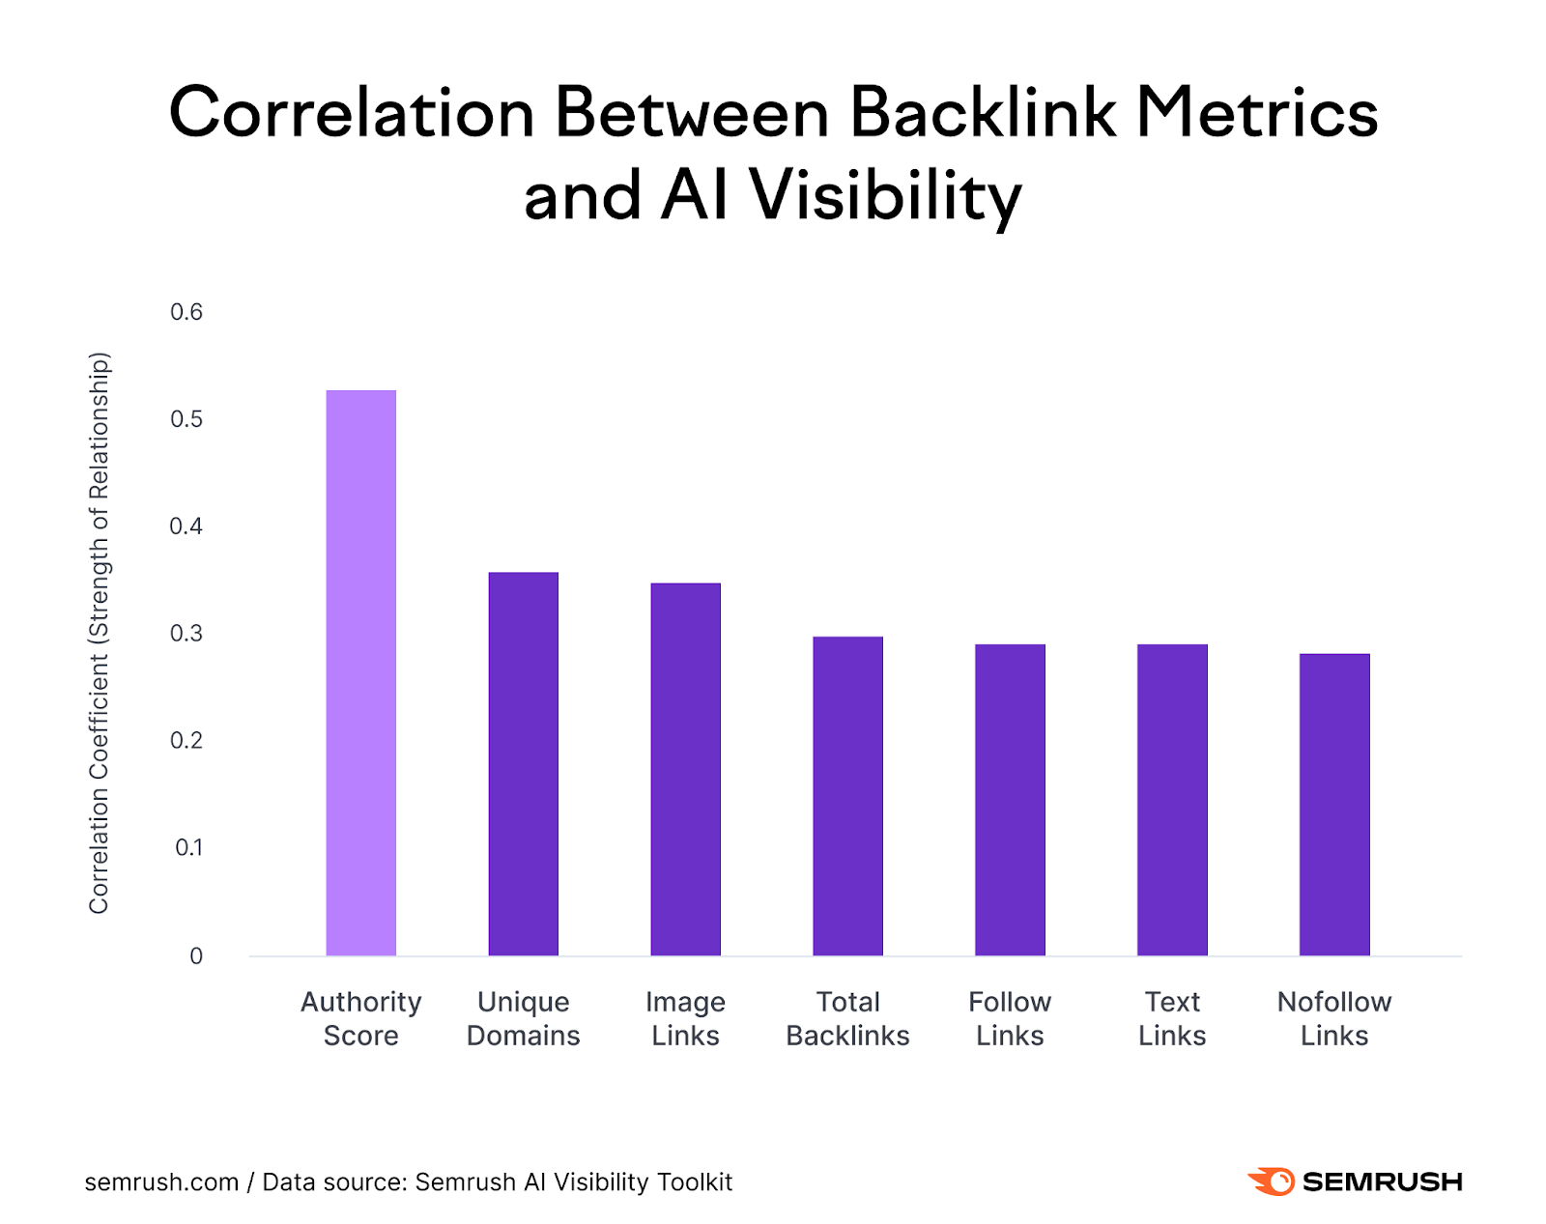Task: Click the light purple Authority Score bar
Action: point(360,672)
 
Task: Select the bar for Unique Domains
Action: point(523,763)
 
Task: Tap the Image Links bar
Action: point(685,769)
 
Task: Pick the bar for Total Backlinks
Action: point(847,796)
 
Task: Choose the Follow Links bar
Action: point(1010,800)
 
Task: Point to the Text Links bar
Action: point(1172,800)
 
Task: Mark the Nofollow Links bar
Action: point(1334,805)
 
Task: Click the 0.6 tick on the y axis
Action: point(186,312)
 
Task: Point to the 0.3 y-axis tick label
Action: point(186,634)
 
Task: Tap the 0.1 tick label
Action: point(188,848)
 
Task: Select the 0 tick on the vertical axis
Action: point(196,956)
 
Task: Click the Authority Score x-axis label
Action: point(360,1018)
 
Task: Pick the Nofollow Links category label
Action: point(1334,1018)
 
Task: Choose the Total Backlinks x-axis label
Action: point(847,1018)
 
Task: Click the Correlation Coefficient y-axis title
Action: point(100,633)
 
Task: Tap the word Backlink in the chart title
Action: point(983,113)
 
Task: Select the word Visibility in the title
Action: point(884,197)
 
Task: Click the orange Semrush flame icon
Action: point(1272,1181)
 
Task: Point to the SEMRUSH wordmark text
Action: point(1382,1181)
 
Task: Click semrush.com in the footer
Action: point(161,1181)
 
